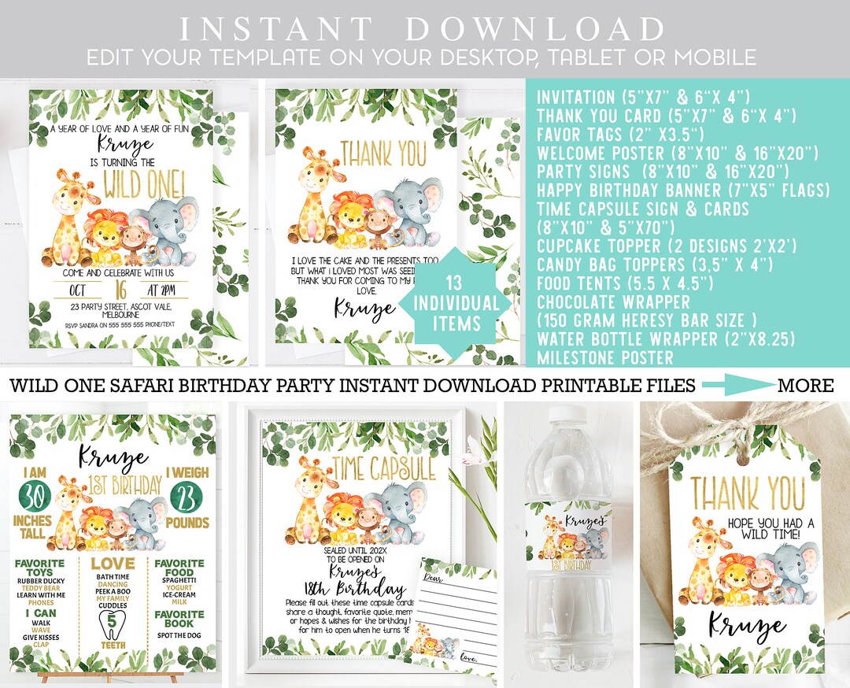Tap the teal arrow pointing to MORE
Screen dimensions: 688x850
coord(737,385)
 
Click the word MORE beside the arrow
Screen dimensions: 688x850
coord(805,385)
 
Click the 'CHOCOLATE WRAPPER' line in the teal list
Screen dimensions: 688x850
coord(613,302)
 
